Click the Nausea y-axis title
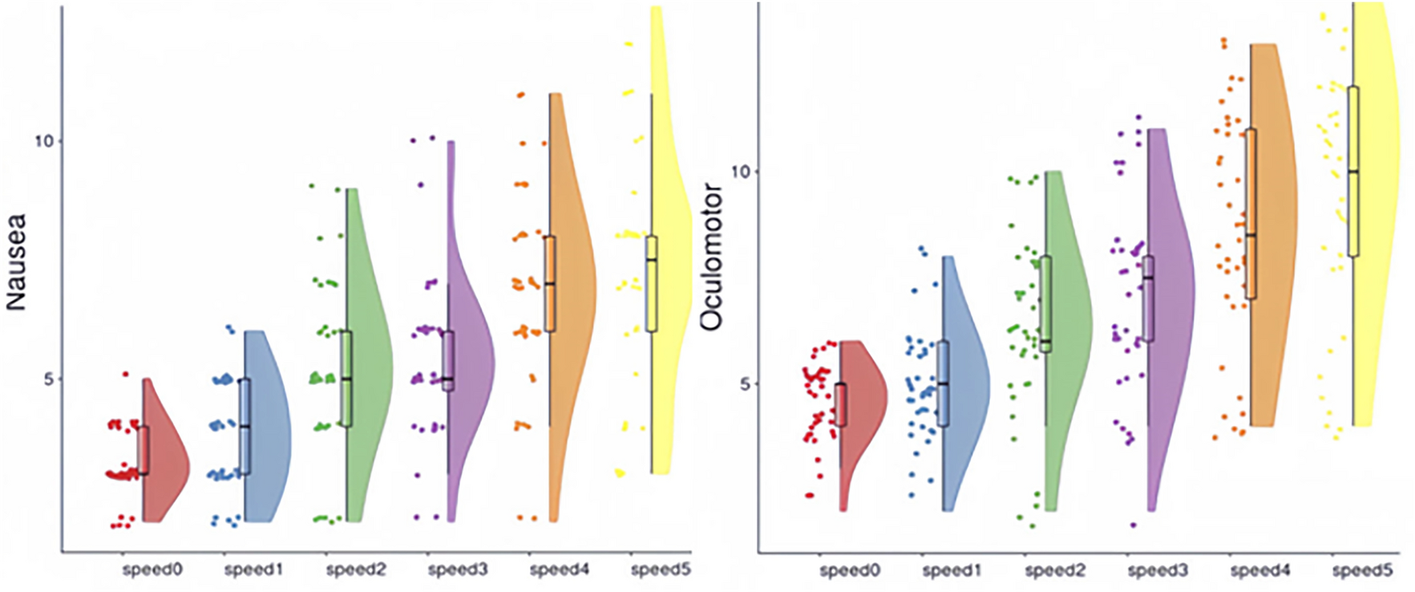pos(16,262)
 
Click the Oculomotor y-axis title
pos(711,257)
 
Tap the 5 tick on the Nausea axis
pos(47,379)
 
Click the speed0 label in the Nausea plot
pos(152,570)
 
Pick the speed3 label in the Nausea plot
pos(457,570)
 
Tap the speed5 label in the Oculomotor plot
pos(1362,570)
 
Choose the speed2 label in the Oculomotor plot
pos(1055,570)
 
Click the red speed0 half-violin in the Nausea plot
pos(167,465)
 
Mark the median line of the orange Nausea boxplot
pos(550,283)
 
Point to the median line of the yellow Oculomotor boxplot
pos(1353,172)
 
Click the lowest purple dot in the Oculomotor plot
pos(1134,525)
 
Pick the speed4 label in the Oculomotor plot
pos(1260,570)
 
